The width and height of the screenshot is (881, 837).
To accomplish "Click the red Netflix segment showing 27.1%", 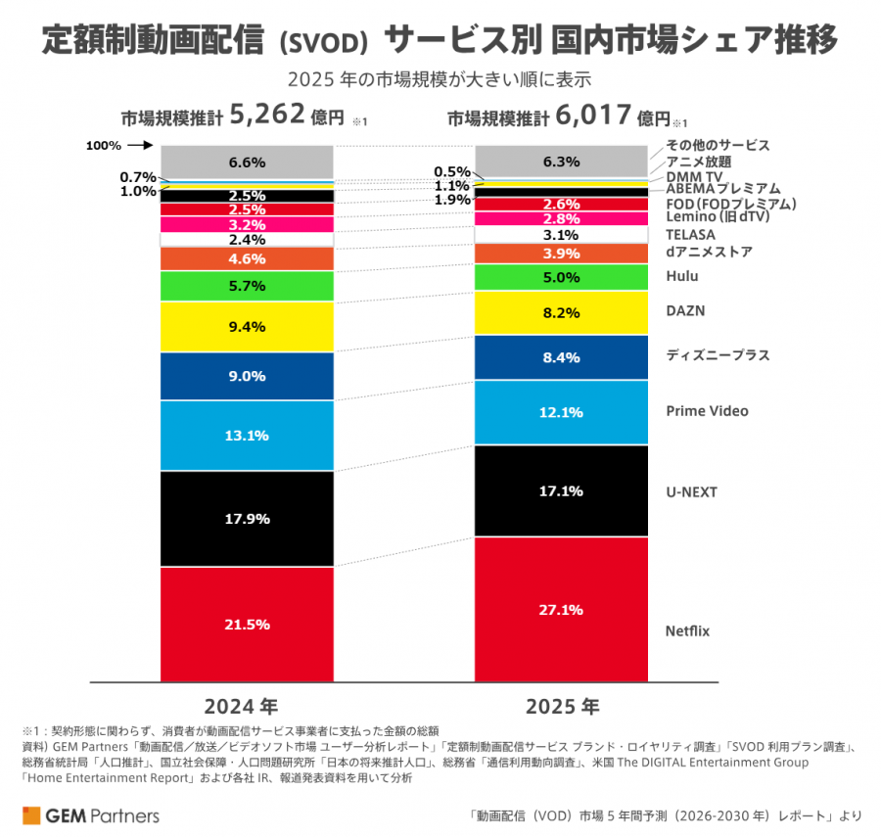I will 561,609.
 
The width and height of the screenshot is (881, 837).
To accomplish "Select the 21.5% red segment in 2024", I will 247,624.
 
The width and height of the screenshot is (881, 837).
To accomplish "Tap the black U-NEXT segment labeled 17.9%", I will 247,519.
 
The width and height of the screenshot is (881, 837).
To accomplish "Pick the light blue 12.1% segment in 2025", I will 561,412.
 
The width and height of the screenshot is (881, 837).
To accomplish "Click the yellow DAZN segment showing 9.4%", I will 247,327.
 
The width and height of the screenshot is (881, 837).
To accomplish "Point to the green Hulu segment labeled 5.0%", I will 561,277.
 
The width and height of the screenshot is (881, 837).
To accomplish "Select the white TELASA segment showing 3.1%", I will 561,235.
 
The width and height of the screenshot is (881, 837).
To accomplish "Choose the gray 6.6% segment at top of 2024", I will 247,162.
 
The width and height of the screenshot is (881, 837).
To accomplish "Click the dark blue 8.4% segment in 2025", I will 561,357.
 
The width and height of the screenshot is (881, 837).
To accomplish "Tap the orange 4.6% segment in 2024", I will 247,259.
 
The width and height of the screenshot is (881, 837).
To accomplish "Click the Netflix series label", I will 687,630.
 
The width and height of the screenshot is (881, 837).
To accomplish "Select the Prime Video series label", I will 707,411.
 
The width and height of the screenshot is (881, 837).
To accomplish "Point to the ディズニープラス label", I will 718,354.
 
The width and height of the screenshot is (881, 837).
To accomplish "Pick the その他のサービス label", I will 718,145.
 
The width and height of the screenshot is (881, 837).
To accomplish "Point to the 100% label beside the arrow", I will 103,146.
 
